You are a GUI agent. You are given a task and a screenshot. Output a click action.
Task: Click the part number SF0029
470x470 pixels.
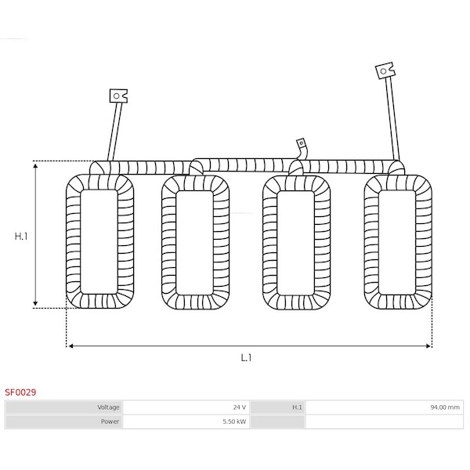pyautogui.click(x=20, y=392)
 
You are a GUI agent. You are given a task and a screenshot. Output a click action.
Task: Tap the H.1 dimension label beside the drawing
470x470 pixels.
pyautogui.click(x=21, y=237)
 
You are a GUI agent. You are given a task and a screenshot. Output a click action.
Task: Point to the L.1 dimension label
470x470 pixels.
pyautogui.click(x=246, y=357)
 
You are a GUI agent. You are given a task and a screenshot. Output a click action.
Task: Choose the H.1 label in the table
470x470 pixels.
pyautogui.click(x=297, y=407)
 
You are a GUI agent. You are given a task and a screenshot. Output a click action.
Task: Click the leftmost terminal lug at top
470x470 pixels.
pyautogui.click(x=118, y=96)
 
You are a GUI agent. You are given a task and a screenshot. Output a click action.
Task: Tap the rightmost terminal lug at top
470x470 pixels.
pyautogui.click(x=385, y=70)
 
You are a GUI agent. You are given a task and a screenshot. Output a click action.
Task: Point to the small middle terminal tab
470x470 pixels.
pyautogui.click(x=301, y=143)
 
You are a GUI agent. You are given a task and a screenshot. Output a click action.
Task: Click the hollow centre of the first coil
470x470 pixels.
pyautogui.click(x=99, y=241)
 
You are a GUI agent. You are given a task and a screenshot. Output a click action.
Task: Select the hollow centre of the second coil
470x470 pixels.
pyautogui.click(x=194, y=243)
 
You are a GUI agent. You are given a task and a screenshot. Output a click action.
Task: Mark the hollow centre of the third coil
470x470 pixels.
pyautogui.click(x=295, y=243)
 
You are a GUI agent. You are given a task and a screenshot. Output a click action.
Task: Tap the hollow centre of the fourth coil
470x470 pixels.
pyautogui.click(x=397, y=242)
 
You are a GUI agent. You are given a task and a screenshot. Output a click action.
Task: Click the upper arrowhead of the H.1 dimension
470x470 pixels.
pyautogui.click(x=35, y=166)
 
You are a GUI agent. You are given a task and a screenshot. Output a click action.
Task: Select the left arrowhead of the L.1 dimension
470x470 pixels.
pyautogui.click(x=70, y=346)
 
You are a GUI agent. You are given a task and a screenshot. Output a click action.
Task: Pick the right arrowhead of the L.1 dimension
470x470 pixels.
pyautogui.click(x=428, y=346)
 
